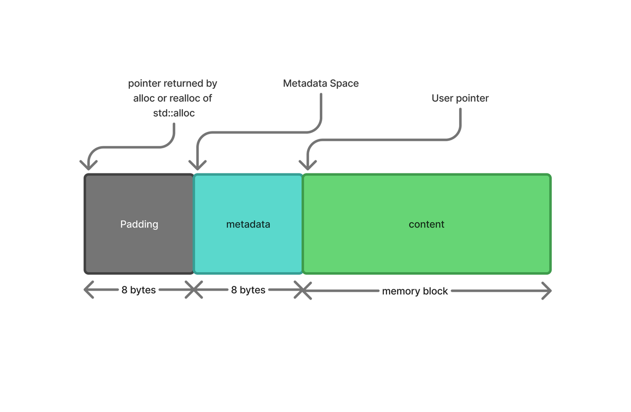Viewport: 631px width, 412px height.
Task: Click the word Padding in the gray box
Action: coord(139,224)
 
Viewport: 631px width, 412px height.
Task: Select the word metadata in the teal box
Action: coord(248,224)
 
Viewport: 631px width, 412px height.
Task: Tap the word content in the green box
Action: coord(426,224)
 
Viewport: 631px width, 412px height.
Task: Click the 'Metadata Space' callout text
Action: coord(321,84)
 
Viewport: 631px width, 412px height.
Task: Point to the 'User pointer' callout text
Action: coord(460,98)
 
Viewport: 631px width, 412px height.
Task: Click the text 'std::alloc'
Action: coord(174,113)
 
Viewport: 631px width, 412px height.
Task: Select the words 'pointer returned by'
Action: coord(172,84)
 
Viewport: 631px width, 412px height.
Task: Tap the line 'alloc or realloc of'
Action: coord(172,98)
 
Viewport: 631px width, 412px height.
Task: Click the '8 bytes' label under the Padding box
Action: coord(139,290)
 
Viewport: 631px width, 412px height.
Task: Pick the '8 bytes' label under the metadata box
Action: coord(248,290)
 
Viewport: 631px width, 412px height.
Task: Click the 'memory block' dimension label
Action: coord(415,291)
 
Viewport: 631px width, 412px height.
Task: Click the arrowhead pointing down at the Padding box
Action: coord(88,166)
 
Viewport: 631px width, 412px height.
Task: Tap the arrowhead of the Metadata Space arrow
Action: coord(198,166)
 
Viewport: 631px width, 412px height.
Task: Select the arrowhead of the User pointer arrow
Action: coord(308,166)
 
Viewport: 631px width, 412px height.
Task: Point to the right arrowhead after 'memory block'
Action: coord(547,291)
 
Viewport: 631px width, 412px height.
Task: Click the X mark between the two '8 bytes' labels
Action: coord(194,290)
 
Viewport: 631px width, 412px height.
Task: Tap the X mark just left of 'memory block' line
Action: coord(303,290)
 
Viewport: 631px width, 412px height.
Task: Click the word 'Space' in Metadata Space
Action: coord(344,84)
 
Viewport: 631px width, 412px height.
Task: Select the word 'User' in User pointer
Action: coord(442,98)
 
